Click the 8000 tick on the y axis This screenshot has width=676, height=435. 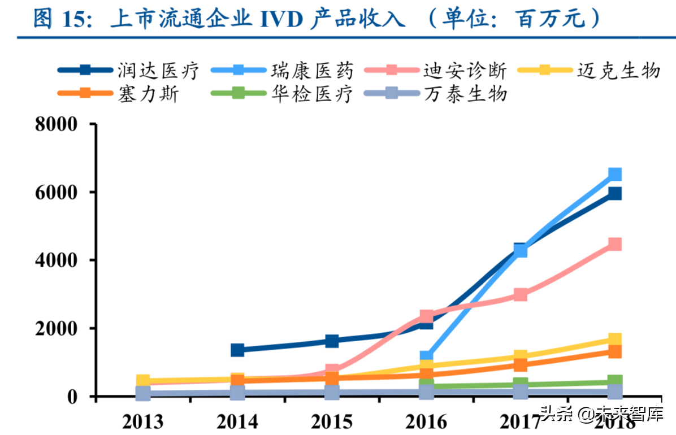coord(56,124)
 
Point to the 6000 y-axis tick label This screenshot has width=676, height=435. coord(56,193)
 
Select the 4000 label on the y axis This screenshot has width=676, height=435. coord(56,260)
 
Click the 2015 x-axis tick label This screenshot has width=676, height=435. coord(332,421)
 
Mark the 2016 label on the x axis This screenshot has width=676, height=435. coord(426,421)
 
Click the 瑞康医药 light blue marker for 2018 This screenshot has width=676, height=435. coord(615,174)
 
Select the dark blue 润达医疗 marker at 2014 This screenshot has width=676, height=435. coord(237,350)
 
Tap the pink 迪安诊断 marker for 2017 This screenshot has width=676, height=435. coord(521,294)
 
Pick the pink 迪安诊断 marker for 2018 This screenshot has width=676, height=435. coord(615,244)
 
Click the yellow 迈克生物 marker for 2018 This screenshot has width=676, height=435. coord(615,340)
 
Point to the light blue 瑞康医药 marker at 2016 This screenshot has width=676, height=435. coord(427,358)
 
